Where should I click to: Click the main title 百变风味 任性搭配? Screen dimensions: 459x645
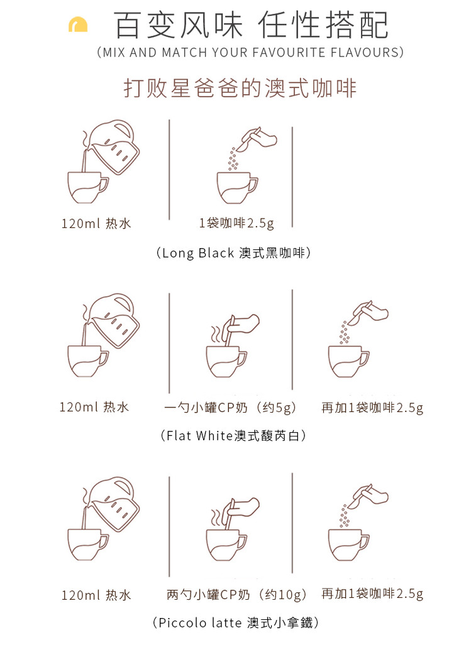click(x=251, y=25)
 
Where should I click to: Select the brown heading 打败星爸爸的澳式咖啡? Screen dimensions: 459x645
click(x=240, y=88)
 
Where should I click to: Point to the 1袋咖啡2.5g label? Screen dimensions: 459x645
click(x=236, y=223)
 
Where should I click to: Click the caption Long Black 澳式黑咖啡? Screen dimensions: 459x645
click(x=233, y=252)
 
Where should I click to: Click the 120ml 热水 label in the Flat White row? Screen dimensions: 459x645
click(x=94, y=407)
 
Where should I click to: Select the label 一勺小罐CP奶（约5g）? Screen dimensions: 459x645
click(x=230, y=408)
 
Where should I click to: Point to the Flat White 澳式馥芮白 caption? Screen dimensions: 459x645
click(x=233, y=435)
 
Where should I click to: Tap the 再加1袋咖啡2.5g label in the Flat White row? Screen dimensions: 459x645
click(x=373, y=408)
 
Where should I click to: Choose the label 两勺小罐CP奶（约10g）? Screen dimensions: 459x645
click(x=236, y=594)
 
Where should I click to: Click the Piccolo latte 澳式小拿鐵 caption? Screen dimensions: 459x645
click(x=235, y=622)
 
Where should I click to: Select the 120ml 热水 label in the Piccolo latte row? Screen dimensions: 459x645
click(x=96, y=595)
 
